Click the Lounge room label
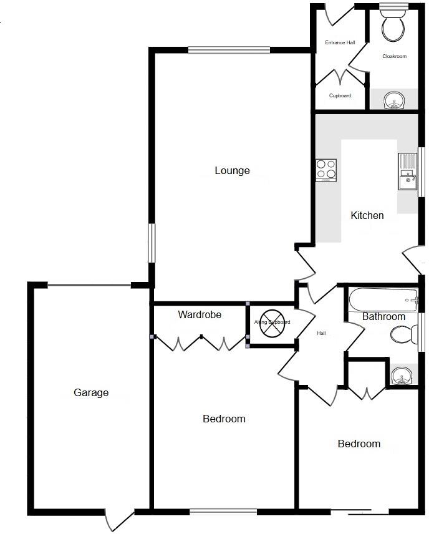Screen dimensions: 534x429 coord(232,170)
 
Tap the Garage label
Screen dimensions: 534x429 coord(91,392)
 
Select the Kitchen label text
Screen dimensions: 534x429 coord(367,215)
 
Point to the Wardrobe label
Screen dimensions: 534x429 coord(200,314)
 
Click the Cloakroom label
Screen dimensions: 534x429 coord(394,56)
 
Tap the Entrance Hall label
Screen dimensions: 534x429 coord(340,42)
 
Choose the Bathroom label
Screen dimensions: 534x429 coord(383,316)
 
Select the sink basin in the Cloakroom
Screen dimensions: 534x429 coord(393,100)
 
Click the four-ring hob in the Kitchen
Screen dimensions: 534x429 coord(326,170)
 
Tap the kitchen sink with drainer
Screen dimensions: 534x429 coord(408,172)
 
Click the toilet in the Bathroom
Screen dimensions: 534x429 coord(403,336)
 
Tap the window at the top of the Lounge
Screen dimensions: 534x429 coord(229,50)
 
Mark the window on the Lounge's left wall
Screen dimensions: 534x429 coord(151,243)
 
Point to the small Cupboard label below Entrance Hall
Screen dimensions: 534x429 coord(340,95)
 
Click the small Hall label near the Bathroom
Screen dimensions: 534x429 coord(321,333)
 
